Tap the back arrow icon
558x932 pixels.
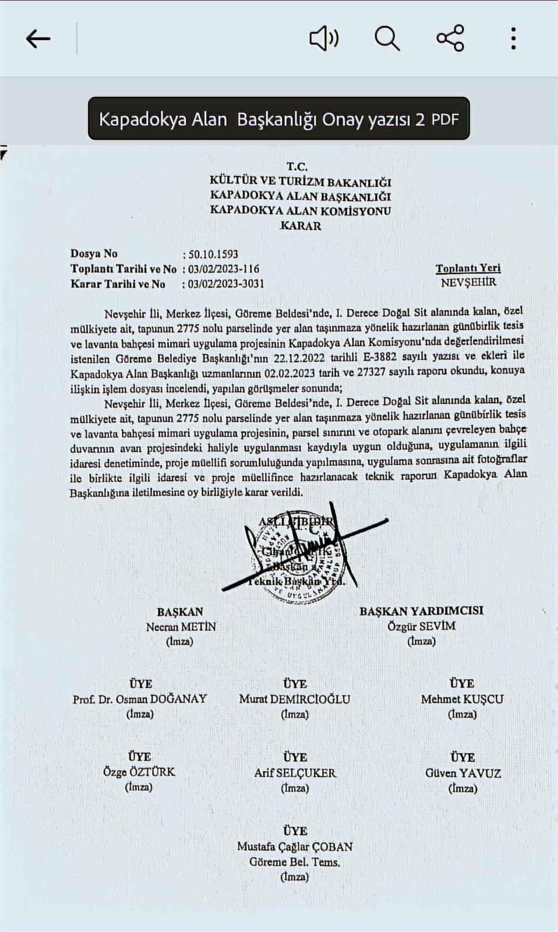point(38,39)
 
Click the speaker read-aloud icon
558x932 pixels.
point(324,39)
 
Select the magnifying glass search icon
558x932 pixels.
point(387,39)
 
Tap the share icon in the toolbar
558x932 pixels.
point(450,38)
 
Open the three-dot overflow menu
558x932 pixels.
point(513,38)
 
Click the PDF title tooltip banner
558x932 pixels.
point(278,119)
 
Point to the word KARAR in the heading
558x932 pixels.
point(301,226)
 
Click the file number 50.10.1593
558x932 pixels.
point(213,254)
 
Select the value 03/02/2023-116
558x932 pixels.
point(224,269)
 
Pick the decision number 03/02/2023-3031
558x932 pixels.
point(226,284)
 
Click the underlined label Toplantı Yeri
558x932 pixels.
point(468,268)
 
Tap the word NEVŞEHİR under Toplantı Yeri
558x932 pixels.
point(468,283)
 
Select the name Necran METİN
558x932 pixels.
point(181,627)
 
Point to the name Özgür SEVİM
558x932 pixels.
point(421,626)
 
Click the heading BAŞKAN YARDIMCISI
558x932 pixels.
point(421,611)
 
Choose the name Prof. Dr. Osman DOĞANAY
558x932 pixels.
point(140,699)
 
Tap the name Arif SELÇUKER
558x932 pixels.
point(295,773)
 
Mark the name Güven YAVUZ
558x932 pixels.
point(462,774)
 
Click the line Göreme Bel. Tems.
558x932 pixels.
point(294,862)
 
